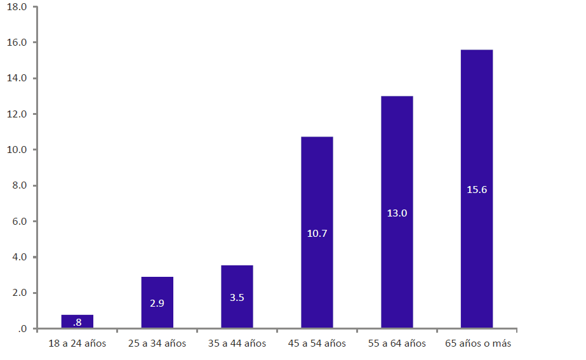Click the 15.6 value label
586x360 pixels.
tap(477, 190)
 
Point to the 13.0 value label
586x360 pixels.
tap(397, 213)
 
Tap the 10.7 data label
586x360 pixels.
tap(317, 234)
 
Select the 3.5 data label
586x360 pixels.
tap(237, 297)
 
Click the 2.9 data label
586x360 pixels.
tap(157, 303)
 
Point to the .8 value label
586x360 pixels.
tap(77, 323)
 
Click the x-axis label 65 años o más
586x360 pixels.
tap(477, 343)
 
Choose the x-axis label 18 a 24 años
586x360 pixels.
tap(77, 343)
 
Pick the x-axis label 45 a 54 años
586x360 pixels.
tap(317, 343)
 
